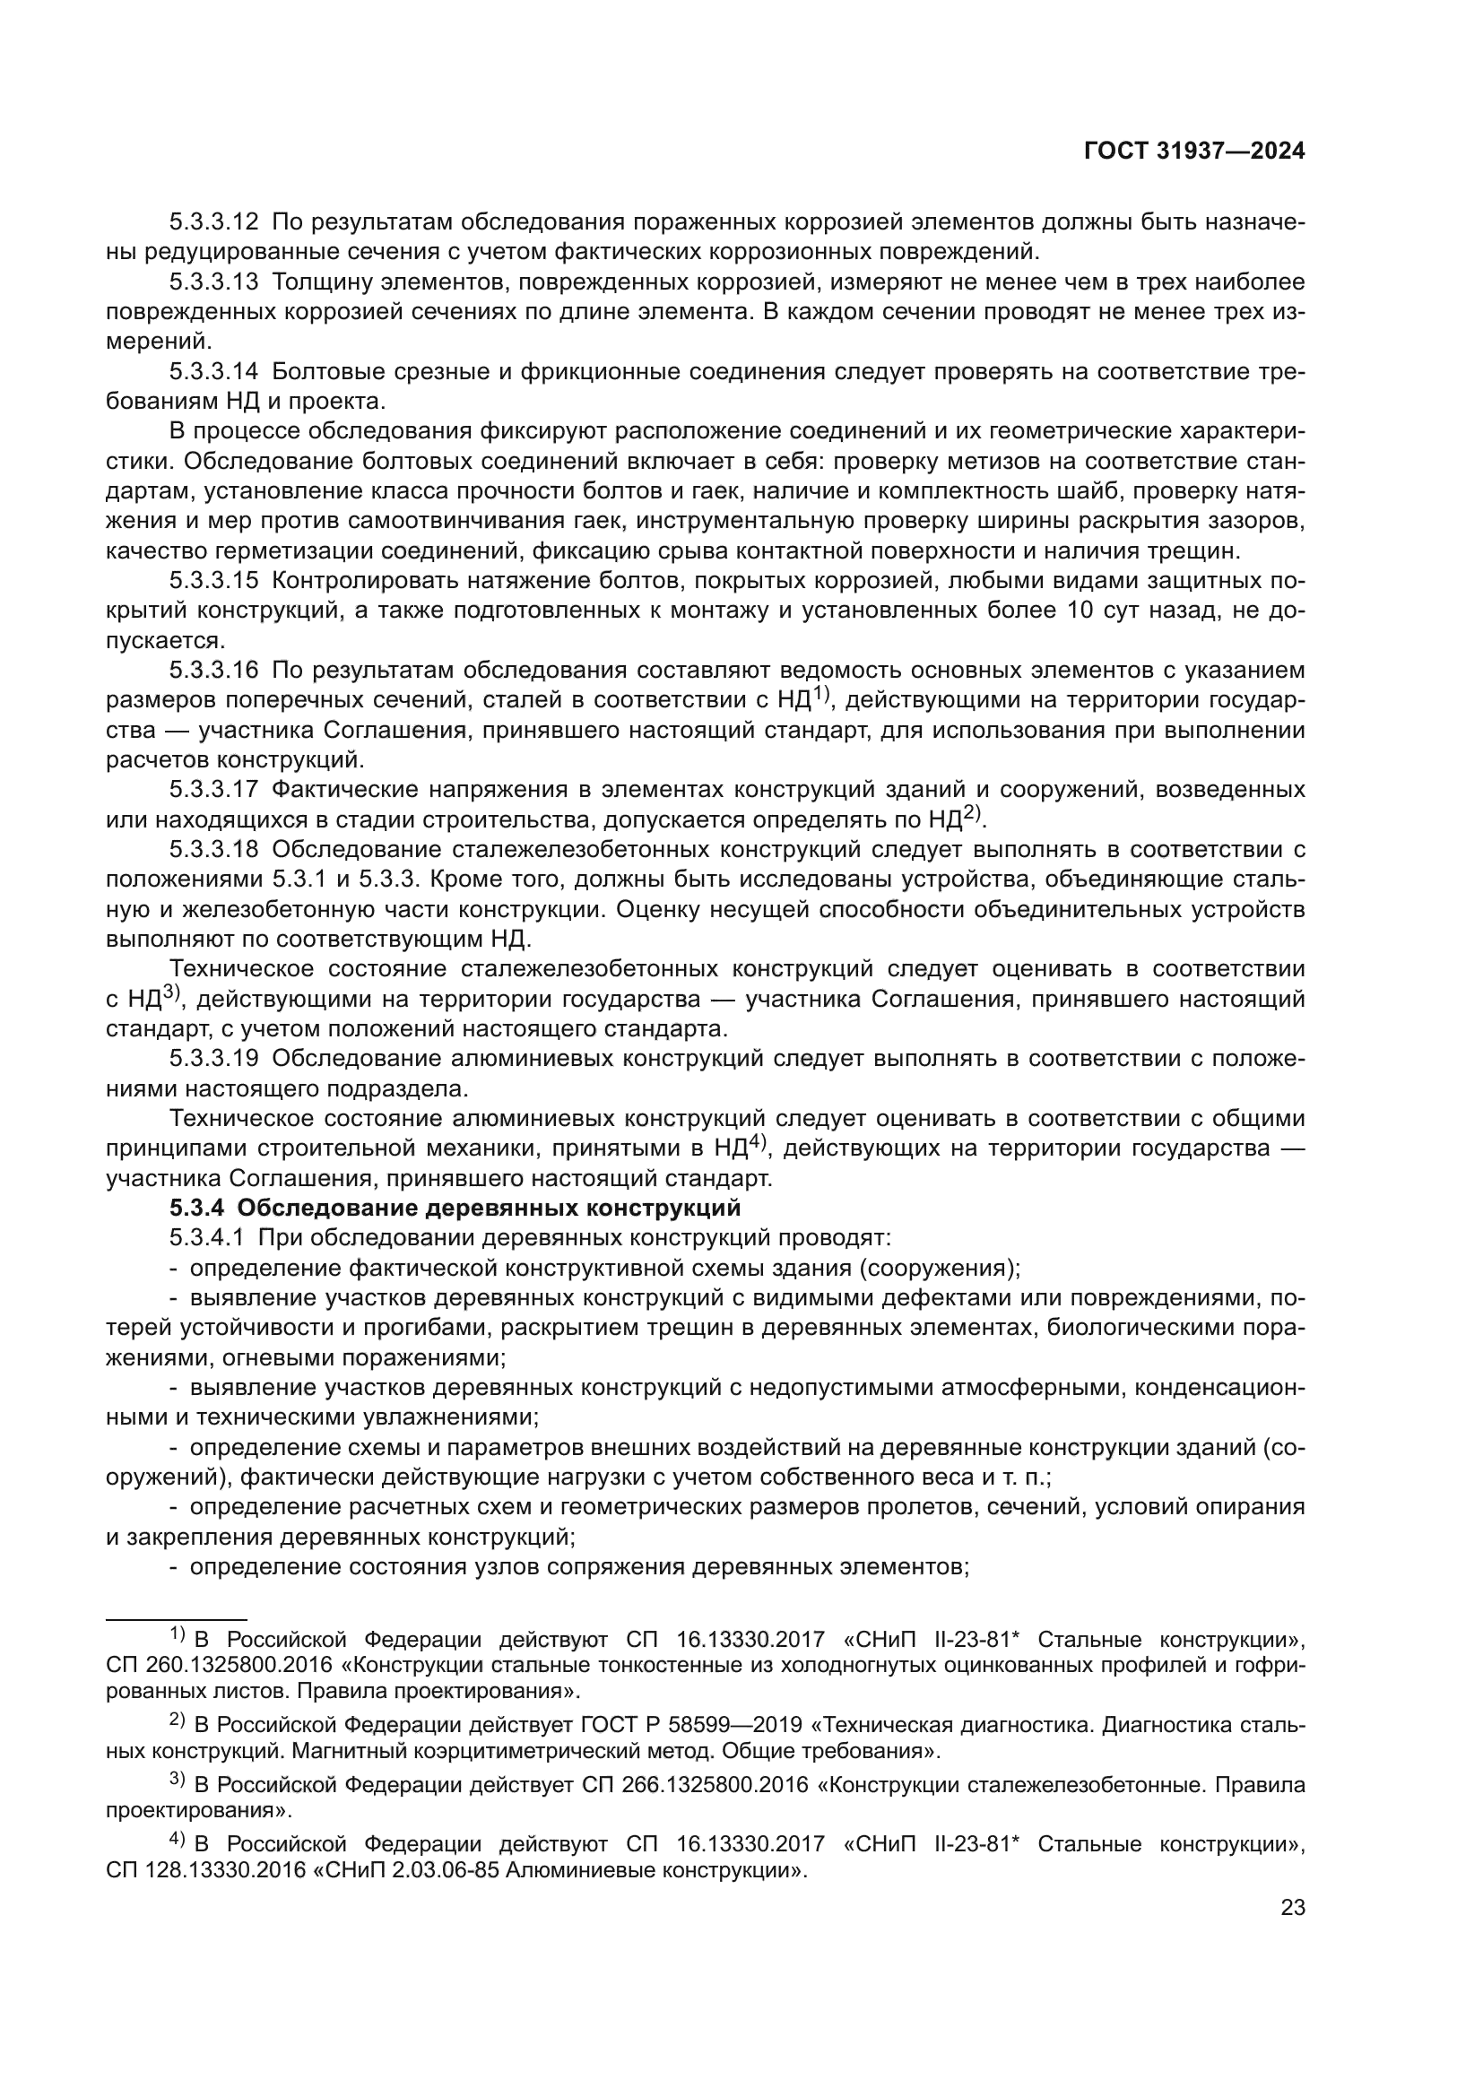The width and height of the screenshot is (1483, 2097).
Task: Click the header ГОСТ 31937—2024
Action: click(x=1193, y=152)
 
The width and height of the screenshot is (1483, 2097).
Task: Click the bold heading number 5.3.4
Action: click(x=196, y=1209)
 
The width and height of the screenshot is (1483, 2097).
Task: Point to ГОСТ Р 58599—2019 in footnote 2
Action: click(x=691, y=1725)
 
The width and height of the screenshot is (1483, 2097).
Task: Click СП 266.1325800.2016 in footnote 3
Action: click(x=695, y=1785)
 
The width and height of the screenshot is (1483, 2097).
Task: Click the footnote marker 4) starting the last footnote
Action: click(x=178, y=1840)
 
